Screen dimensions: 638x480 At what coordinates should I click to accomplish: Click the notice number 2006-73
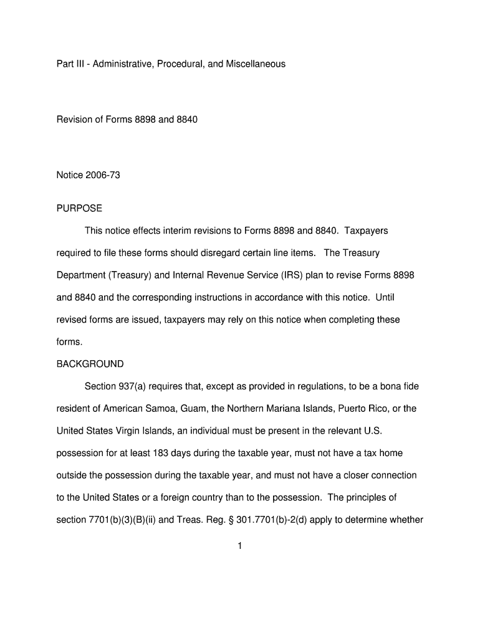[104, 175]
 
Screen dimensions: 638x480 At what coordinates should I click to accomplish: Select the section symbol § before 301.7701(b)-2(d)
[248, 520]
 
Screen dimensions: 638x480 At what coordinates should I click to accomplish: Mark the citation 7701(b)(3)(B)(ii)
[128, 520]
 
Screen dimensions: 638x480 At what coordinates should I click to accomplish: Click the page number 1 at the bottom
[239, 546]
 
